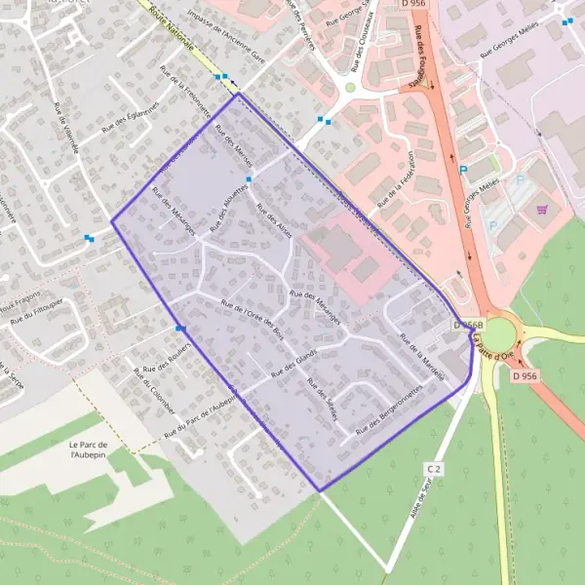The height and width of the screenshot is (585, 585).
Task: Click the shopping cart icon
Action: click(542, 208)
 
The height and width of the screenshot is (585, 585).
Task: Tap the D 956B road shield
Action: click(468, 325)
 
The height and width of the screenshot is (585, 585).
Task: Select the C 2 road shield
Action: click(435, 469)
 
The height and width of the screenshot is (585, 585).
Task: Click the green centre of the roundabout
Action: click(498, 334)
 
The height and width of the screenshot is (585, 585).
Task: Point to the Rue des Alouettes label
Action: click(232, 191)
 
